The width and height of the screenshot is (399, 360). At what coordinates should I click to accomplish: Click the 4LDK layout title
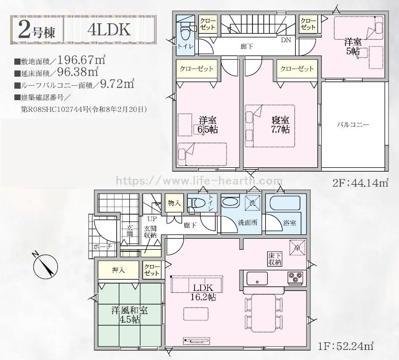pyautogui.click(x=109, y=30)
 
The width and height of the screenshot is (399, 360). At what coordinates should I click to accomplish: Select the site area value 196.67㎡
pyautogui.click(x=81, y=60)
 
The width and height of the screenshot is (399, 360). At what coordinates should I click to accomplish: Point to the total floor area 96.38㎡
pyautogui.click(x=78, y=72)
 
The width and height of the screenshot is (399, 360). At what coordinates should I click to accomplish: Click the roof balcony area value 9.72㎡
pyautogui.click(x=117, y=84)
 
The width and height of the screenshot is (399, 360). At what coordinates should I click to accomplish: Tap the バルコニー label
pyautogui.click(x=353, y=125)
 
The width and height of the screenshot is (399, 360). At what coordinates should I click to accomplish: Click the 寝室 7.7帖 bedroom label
pyautogui.click(x=280, y=125)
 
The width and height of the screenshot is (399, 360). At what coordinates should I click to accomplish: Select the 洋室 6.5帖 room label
pyautogui.click(x=208, y=125)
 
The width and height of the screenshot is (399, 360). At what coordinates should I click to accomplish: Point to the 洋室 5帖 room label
pyautogui.click(x=353, y=46)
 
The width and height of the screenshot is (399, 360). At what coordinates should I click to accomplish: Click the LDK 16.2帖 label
pyautogui.click(x=203, y=292)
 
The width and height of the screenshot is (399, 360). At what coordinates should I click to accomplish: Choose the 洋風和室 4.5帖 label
pyautogui.click(x=129, y=314)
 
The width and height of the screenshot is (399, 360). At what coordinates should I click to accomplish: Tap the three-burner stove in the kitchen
pyautogui.click(x=295, y=278)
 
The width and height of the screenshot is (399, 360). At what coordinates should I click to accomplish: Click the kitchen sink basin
pyautogui.click(x=257, y=279)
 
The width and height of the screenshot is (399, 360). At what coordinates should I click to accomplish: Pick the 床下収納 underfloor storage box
pyautogui.click(x=274, y=259)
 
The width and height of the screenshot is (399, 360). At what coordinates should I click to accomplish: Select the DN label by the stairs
pyautogui.click(x=286, y=40)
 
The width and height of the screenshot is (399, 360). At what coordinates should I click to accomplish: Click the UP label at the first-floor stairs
pyautogui.click(x=152, y=219)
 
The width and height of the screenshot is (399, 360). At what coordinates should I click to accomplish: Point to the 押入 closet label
pyautogui.click(x=119, y=270)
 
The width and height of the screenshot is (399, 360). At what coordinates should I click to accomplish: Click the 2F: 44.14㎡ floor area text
pyautogui.click(x=360, y=183)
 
